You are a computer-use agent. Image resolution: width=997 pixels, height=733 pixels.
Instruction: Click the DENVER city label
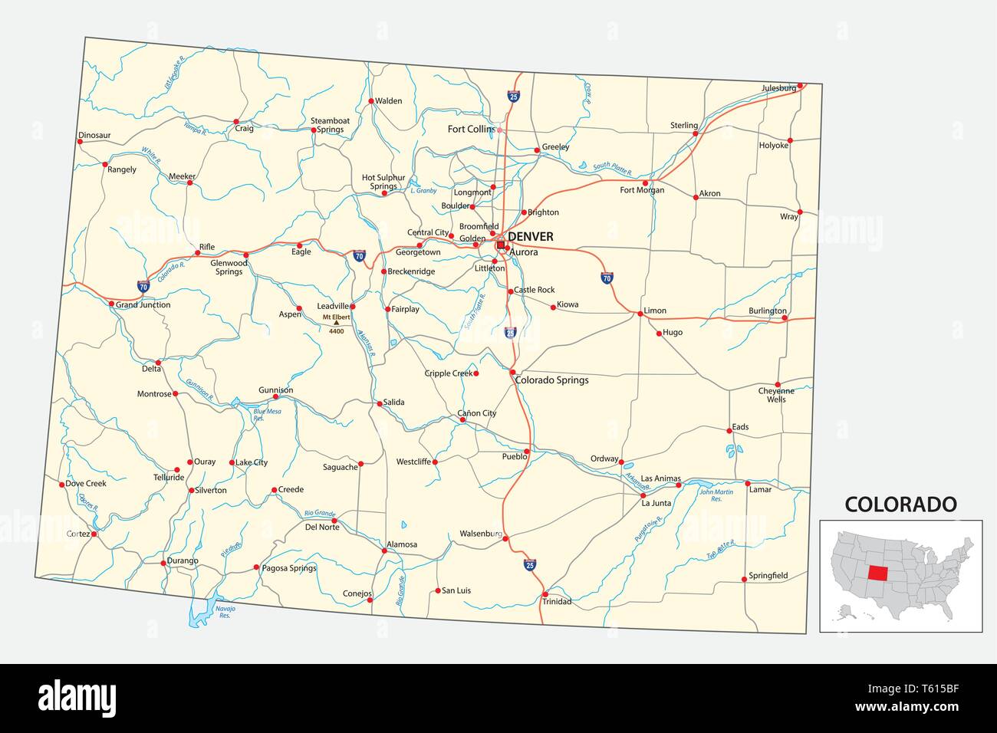click(x=530, y=237)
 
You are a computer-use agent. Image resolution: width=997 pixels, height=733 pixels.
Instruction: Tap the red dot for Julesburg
click(x=800, y=86)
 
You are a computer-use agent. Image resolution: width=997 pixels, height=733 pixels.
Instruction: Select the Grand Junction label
click(x=143, y=305)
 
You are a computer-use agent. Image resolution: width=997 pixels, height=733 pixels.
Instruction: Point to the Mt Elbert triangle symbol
click(x=336, y=324)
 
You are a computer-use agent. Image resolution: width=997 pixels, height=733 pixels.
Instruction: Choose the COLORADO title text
click(x=900, y=505)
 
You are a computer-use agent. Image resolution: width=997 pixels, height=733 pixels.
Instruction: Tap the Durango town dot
click(x=163, y=563)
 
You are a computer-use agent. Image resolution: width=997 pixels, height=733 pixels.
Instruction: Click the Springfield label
click(x=768, y=576)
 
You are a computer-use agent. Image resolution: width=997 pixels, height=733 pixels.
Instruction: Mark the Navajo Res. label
click(x=225, y=611)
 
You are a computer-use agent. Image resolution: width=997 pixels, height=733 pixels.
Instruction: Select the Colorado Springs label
click(x=552, y=380)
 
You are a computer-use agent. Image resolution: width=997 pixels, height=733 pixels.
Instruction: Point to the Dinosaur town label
click(x=94, y=136)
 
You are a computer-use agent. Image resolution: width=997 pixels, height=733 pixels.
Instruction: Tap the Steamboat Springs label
click(x=330, y=125)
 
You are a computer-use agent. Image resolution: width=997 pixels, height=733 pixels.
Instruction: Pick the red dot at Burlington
click(x=785, y=318)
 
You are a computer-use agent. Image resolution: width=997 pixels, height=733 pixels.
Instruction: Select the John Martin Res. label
click(x=710, y=495)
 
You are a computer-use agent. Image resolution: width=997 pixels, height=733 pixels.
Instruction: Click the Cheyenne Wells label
click(x=776, y=395)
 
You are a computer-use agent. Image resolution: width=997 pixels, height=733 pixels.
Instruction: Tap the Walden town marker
click(x=370, y=101)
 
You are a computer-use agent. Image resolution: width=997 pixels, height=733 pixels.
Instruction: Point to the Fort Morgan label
click(x=642, y=190)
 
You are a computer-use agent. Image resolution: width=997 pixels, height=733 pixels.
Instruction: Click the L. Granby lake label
click(x=422, y=190)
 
